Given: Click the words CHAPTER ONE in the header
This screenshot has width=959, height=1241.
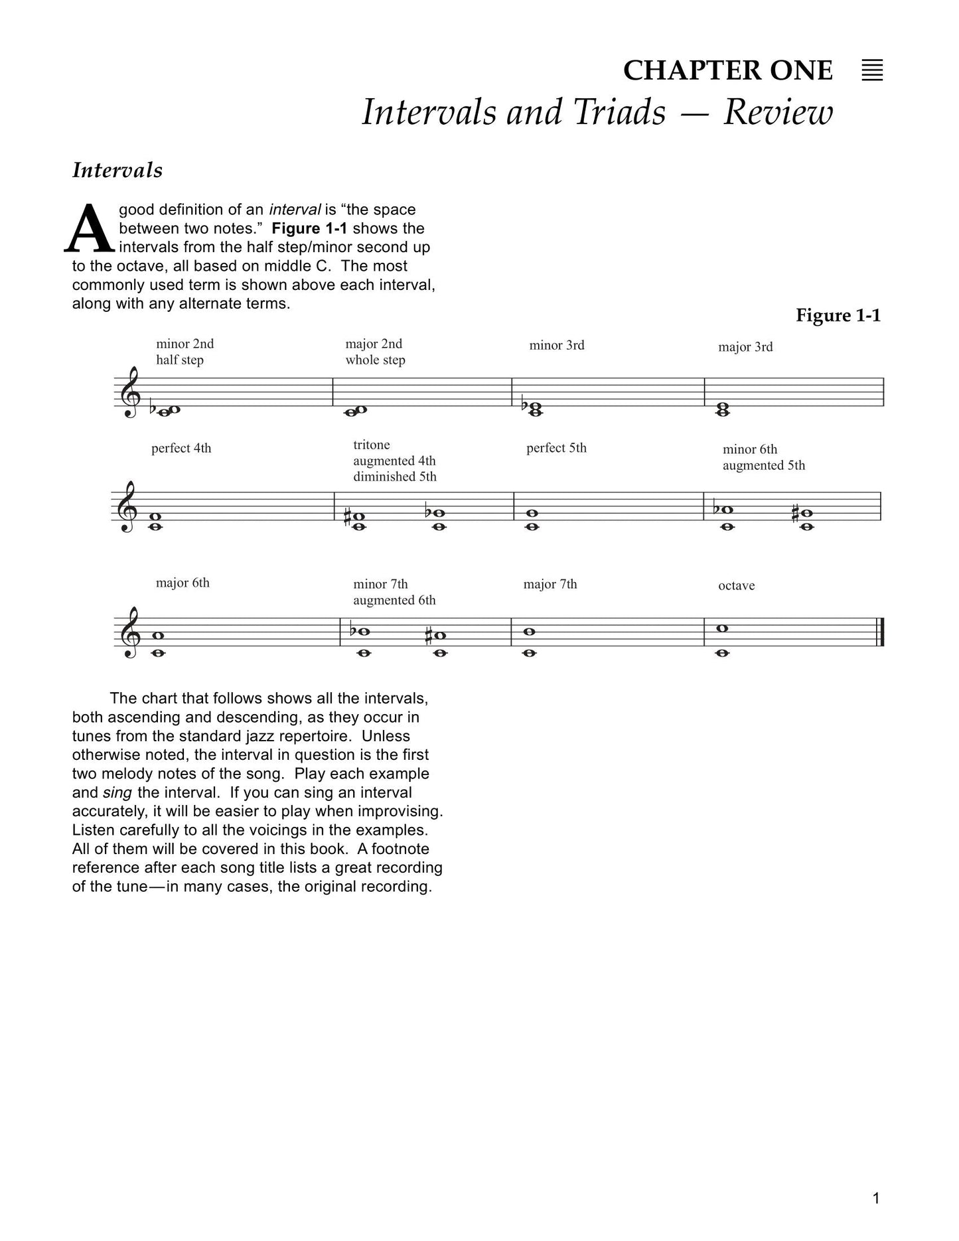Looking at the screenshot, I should (x=727, y=70).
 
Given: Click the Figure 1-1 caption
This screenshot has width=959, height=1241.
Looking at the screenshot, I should (x=838, y=315).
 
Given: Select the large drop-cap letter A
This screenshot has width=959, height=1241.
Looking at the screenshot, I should (x=90, y=230).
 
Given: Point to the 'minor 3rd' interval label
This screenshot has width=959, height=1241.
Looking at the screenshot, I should (x=556, y=345).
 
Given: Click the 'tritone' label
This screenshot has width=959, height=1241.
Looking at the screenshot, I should (x=371, y=445).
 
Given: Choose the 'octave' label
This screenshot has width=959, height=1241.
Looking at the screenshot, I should (x=736, y=585).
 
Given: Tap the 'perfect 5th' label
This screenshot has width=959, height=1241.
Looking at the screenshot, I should (x=556, y=448).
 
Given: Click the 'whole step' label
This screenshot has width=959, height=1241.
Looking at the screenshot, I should (x=375, y=360).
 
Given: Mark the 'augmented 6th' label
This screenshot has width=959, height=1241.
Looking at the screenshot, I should (x=394, y=600).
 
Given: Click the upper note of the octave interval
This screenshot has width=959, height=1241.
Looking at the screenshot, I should (x=723, y=628).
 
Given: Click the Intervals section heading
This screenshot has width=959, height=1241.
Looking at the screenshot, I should (x=117, y=171).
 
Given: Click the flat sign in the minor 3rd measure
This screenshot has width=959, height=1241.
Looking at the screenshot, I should (x=524, y=405).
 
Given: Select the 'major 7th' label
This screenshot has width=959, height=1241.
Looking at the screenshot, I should (x=550, y=584).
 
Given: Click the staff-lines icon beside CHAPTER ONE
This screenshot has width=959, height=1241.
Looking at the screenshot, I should (x=872, y=70).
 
